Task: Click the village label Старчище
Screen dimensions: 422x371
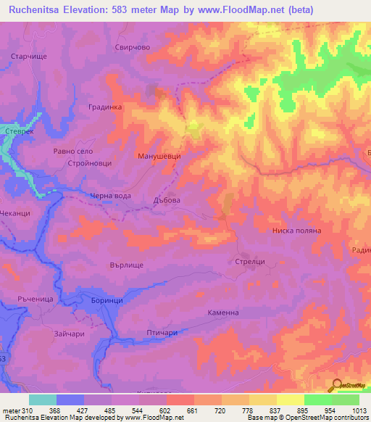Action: click(29, 55)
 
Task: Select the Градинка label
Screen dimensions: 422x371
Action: click(106, 107)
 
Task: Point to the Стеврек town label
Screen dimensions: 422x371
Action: click(20, 132)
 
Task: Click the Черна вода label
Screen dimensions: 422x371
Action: click(111, 195)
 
